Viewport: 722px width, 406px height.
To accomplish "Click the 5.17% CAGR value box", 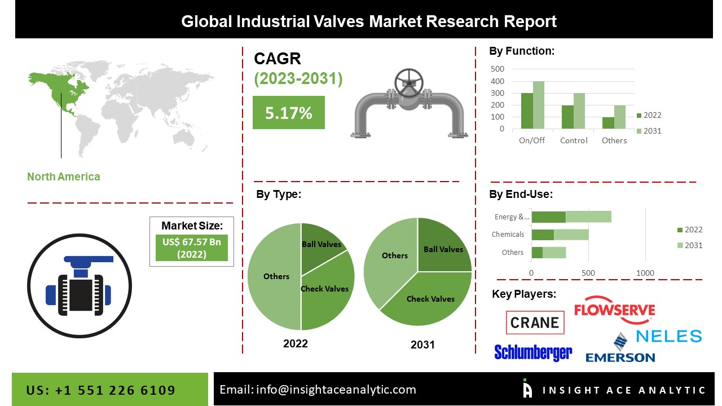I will (288, 113).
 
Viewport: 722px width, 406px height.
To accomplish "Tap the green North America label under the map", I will (64, 176).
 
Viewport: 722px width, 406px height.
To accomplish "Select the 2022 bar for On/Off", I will (527, 111).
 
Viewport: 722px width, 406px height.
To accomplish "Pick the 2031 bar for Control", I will (579, 111).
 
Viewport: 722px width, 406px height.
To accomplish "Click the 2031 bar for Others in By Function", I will (620, 117).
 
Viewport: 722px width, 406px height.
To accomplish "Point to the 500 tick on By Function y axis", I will (498, 69).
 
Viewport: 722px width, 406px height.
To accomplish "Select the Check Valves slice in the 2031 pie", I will (430, 299).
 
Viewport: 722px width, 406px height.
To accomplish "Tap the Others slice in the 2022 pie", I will (275, 276).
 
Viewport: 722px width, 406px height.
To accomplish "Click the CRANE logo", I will (535, 323).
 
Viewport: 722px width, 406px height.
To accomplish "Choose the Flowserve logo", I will (614, 311).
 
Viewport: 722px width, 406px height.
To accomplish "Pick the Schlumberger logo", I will (533, 352).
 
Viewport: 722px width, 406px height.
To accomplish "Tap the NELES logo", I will (669, 337).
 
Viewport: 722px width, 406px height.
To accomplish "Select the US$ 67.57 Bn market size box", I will (192, 248).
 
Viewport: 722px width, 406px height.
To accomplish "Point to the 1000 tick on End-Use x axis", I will (645, 273).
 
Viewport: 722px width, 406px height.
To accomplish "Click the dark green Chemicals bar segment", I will (543, 235).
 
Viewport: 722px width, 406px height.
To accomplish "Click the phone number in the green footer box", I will (101, 390).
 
